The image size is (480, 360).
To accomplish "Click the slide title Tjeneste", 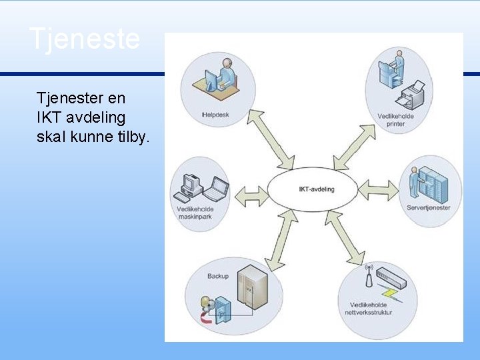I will click(x=85, y=39).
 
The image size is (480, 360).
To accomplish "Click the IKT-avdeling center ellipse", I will click(x=317, y=189).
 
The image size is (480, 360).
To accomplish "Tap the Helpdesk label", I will click(x=215, y=115).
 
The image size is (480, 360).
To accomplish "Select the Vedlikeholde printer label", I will click(x=395, y=120).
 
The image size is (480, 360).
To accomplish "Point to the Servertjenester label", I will click(x=429, y=207).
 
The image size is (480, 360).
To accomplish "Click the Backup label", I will click(x=217, y=276).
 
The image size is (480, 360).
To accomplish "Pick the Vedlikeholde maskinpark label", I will click(x=195, y=214).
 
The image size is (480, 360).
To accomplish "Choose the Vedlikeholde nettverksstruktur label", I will click(x=375, y=308).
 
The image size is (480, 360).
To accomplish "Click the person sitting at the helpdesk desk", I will click(x=225, y=74).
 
